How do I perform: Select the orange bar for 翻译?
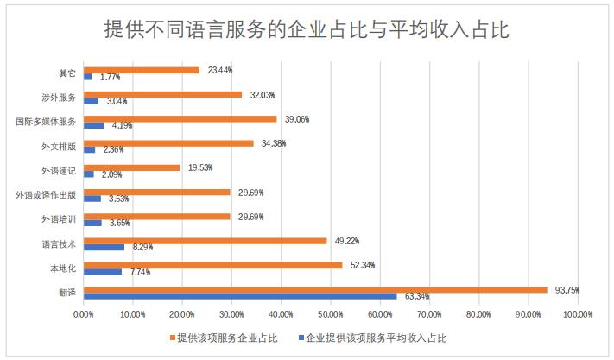tap(315, 289)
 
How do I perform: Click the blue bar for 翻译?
tap(240, 296)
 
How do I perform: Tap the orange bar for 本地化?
tap(212, 265)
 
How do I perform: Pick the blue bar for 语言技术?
tap(104, 248)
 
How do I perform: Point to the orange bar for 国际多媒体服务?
tap(180, 119)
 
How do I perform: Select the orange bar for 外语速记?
tap(131, 167)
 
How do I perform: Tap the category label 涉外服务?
tap(58, 98)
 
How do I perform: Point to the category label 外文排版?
tap(58, 147)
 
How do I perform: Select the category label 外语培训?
tap(58, 219)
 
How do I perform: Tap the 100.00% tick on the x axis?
tap(578, 314)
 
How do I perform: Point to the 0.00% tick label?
tap(84, 314)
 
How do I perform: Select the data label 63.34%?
tap(418, 297)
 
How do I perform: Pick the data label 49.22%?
tap(348, 241)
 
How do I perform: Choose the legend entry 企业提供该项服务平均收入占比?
tap(376, 338)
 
